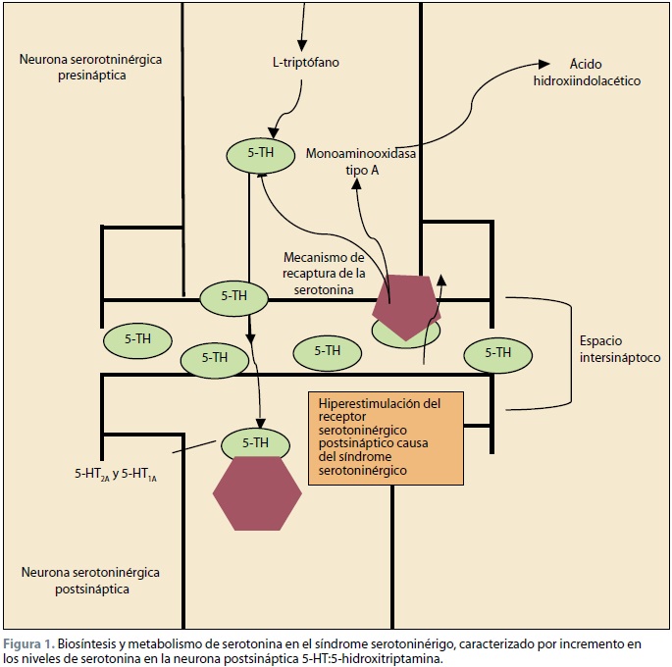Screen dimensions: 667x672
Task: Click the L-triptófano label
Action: [x=305, y=64]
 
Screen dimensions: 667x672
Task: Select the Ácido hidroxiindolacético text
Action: [x=587, y=72]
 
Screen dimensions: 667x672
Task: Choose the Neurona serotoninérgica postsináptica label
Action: [x=89, y=580]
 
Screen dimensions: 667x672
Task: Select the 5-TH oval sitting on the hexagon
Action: [x=255, y=442]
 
